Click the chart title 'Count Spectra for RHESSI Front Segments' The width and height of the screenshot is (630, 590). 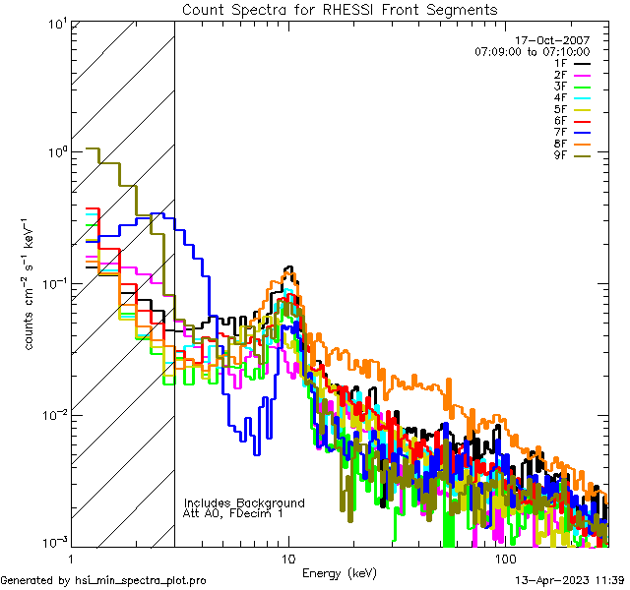[339, 10]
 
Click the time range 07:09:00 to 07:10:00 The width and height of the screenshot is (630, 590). [532, 51]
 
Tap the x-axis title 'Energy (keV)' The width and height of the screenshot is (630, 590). [339, 573]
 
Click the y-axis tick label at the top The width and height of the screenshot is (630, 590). [55, 22]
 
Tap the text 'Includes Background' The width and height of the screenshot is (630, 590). [244, 502]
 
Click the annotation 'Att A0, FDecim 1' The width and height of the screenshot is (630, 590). [233, 513]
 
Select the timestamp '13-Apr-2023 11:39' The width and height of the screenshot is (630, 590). [569, 580]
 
